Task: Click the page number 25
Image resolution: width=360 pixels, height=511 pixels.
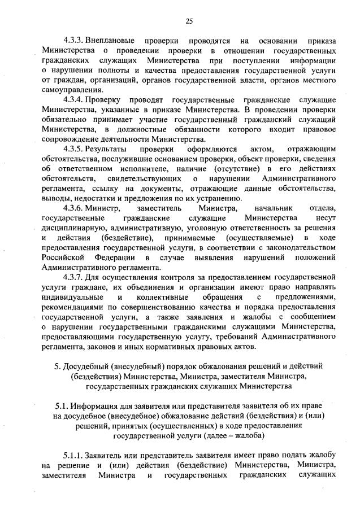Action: click(189, 21)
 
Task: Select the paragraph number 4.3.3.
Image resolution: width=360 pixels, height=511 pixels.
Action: click(75, 41)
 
